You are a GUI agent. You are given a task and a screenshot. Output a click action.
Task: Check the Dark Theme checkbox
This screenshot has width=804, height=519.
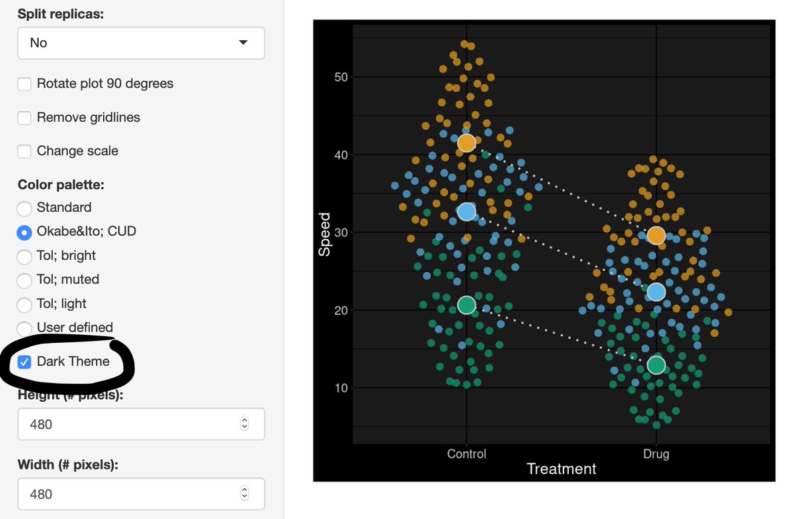pos(24,362)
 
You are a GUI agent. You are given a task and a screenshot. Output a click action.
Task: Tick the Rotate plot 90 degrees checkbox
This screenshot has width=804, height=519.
pos(24,84)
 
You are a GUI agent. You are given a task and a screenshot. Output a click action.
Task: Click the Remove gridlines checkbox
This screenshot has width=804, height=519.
pos(24,117)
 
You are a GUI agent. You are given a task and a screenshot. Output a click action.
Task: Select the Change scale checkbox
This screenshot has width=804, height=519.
pos(24,151)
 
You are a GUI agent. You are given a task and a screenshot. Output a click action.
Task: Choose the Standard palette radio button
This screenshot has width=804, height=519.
pos(24,208)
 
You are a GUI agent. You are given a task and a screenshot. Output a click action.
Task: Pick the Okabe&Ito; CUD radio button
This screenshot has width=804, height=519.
pos(24,232)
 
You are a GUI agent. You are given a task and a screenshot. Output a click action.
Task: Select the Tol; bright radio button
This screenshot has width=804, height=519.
pos(24,256)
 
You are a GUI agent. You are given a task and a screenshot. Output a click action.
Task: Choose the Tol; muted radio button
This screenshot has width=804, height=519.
pos(24,280)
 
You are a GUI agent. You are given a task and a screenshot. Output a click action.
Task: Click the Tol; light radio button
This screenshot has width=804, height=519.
pos(24,304)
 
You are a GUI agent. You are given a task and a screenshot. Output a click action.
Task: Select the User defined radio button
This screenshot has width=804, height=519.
pos(24,327)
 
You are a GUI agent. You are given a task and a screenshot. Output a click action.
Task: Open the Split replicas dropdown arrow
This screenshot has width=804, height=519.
pos(243,43)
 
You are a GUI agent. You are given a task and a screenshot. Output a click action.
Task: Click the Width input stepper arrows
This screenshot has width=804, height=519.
pos(245,494)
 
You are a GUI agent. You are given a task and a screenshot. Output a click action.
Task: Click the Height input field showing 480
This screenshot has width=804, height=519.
pos(127,424)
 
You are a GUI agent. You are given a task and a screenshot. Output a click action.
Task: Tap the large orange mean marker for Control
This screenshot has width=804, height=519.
pos(466,143)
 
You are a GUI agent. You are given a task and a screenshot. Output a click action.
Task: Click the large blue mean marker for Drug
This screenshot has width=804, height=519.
pos(656,292)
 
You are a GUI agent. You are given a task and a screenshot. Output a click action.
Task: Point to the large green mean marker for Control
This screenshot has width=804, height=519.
pos(466,305)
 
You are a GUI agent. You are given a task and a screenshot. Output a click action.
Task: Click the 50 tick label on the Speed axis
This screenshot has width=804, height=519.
pos(340,77)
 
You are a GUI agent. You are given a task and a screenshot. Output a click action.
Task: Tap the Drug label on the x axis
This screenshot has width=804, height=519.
pos(656,454)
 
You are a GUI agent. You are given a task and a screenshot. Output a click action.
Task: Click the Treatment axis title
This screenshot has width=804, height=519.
pos(561,469)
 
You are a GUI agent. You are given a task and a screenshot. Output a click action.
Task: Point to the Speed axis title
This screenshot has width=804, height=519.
pos(325,234)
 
